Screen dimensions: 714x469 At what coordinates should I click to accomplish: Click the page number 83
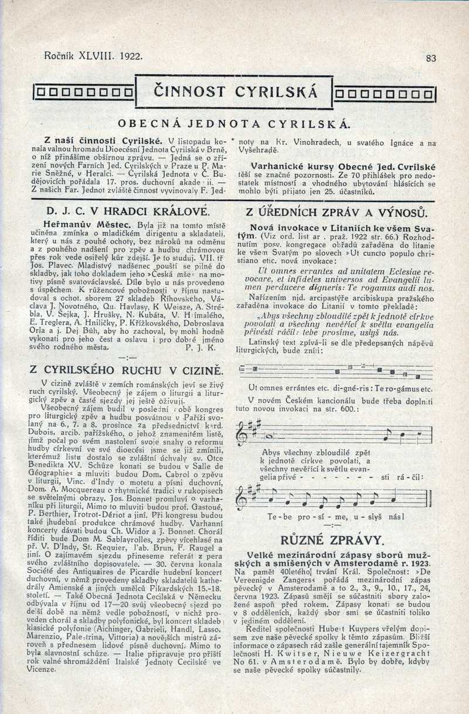(x=431, y=58)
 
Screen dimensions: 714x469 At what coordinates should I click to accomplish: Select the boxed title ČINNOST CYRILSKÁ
(x=235, y=91)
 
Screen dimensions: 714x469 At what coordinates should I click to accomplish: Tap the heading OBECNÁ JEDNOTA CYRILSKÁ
(x=234, y=124)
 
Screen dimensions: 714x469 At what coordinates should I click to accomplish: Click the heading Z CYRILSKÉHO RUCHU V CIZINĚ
(x=128, y=370)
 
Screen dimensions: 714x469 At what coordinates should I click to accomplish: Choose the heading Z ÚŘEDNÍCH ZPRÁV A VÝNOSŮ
(x=337, y=212)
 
